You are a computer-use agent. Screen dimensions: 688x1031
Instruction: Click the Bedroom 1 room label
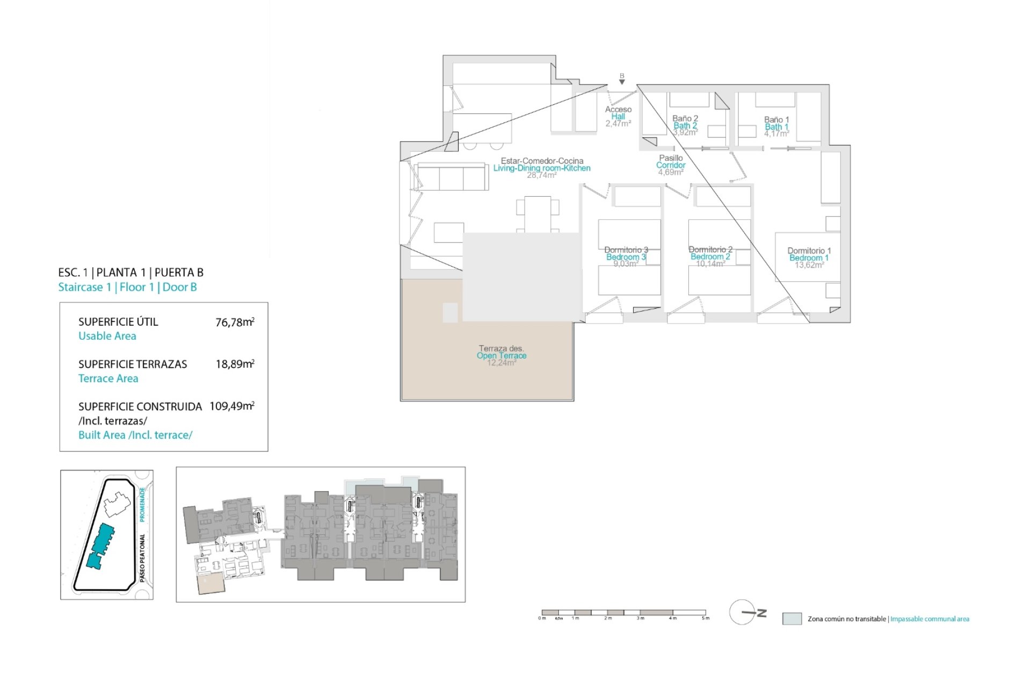809,258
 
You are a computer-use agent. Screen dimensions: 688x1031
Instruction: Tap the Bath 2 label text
685,126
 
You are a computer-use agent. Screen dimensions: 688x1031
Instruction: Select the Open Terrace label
502,356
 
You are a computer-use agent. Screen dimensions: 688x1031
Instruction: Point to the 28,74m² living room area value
541,175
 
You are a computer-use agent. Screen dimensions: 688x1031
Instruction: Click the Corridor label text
671,166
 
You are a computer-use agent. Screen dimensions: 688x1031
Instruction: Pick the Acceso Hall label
618,113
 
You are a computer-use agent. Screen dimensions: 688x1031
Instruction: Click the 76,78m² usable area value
235,322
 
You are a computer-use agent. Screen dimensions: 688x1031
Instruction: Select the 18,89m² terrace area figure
235,364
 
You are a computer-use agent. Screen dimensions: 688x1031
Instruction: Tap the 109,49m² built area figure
231,406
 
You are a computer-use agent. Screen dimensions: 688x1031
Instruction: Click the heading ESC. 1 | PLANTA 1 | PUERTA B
130,273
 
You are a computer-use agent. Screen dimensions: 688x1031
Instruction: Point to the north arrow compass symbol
746,612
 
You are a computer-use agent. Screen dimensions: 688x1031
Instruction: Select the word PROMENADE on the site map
142,504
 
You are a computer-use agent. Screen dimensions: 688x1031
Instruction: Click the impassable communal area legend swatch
792,619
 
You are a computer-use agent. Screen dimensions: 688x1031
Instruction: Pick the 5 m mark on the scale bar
705,618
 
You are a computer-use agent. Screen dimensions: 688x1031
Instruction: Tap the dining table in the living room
538,213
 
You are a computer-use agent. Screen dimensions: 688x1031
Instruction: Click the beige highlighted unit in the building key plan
211,583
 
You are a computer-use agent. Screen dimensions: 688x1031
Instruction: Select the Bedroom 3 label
626,257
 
